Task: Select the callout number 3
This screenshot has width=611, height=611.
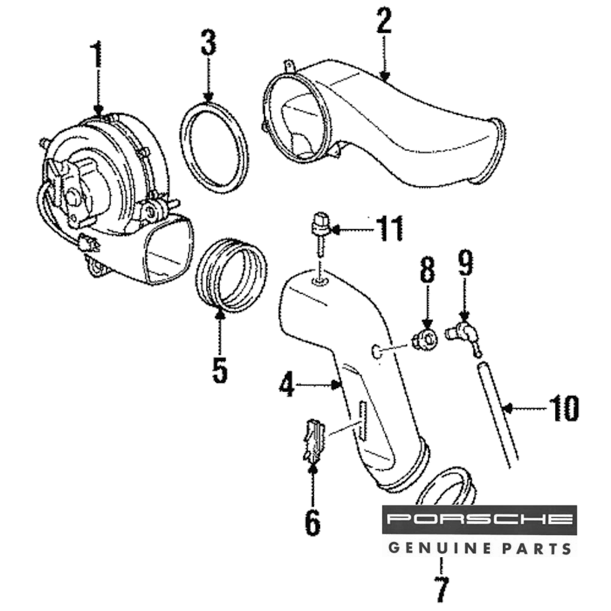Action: [208, 45]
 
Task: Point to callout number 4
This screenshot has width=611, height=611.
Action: [287, 385]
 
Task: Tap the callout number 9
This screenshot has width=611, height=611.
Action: [465, 264]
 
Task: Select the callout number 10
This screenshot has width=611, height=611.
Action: [563, 408]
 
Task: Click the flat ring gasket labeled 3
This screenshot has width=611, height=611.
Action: [215, 147]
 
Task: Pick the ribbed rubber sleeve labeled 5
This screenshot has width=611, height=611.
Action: [231, 276]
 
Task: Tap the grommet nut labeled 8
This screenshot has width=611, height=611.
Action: [425, 339]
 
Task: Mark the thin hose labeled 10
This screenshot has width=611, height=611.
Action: [499, 415]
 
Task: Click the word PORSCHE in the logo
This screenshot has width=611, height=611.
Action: [479, 520]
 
